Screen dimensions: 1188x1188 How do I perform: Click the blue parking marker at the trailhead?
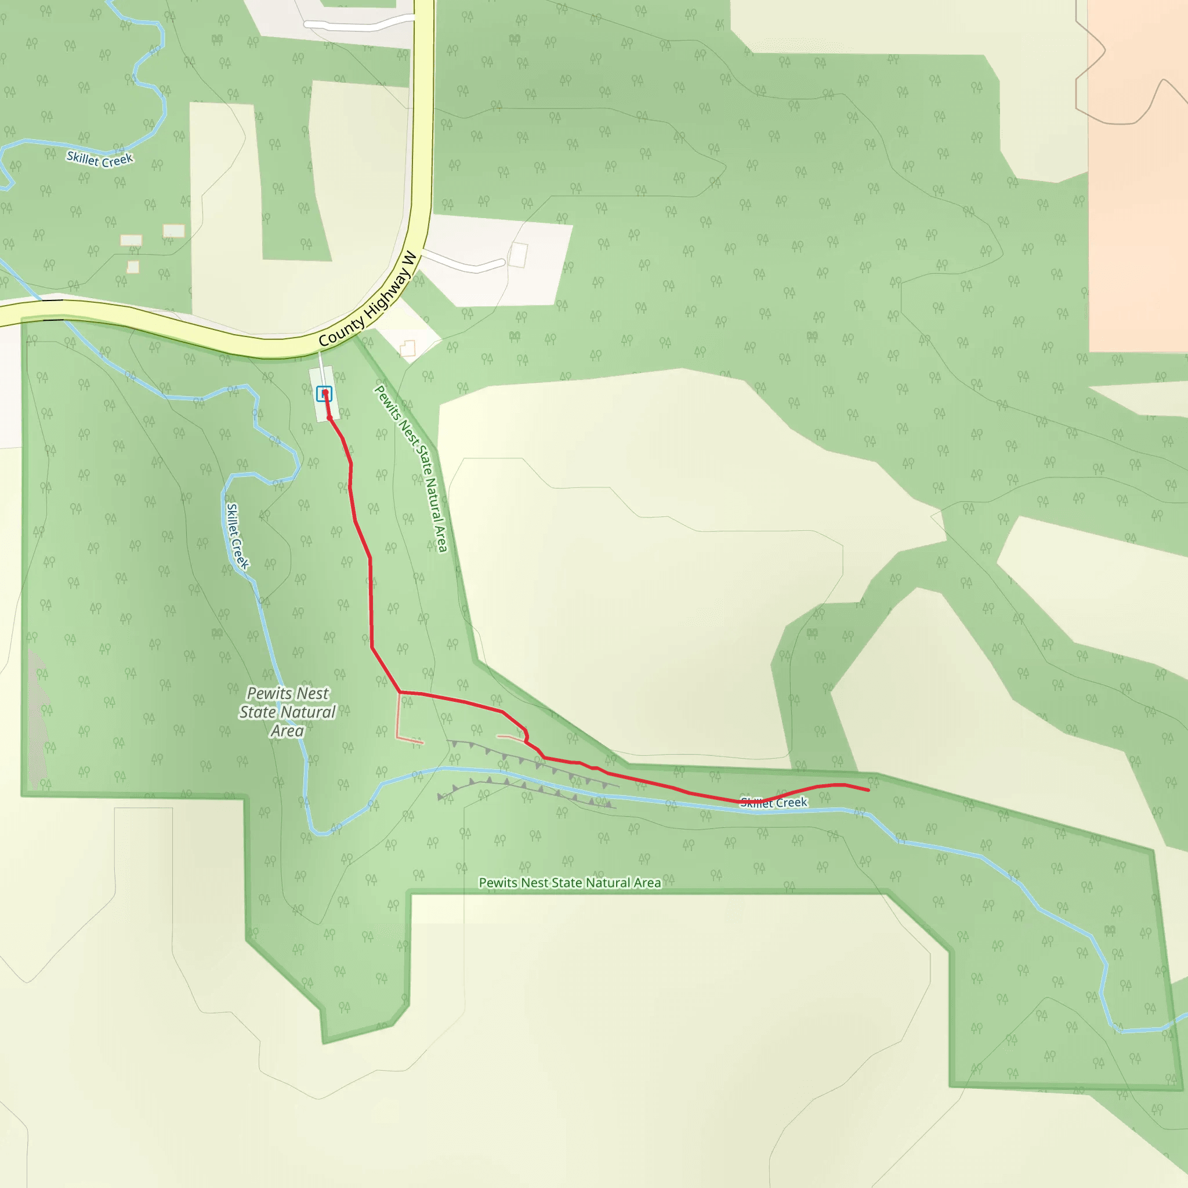tap(324, 393)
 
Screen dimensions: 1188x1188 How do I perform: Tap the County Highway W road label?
tap(368, 299)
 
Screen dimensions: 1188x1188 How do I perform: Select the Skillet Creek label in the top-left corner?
tap(100, 160)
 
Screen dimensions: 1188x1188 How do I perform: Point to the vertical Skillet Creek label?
tap(237, 536)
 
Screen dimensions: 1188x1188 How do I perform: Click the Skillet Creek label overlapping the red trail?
tap(774, 802)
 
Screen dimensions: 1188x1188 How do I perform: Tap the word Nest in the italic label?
tap(313, 693)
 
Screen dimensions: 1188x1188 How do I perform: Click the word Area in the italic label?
tap(287, 731)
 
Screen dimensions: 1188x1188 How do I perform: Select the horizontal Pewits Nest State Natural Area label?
tap(570, 883)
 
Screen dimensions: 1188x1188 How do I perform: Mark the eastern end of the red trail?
tap(868, 790)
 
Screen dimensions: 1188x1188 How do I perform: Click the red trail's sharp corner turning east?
tap(400, 693)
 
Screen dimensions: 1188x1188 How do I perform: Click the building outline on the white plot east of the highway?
tap(519, 255)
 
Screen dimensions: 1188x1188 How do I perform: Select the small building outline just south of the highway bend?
tap(408, 349)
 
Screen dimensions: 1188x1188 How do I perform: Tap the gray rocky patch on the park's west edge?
tap(37, 719)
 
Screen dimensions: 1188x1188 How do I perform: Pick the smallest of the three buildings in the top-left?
tap(133, 267)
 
